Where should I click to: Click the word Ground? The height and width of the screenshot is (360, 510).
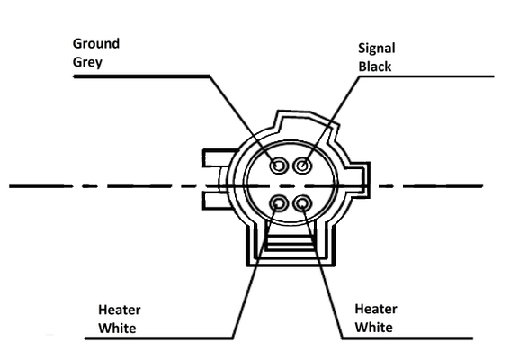pos(96,43)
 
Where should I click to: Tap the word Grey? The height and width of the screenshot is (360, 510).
pos(87,62)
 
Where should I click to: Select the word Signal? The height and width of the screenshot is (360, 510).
pos(377,49)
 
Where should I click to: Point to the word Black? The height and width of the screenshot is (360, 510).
pos(375,67)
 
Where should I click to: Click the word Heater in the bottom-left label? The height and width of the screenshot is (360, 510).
pos(120,310)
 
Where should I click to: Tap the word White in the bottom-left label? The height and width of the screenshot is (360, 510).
pos(117,328)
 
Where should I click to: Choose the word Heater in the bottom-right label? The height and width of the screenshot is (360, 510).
pos(376,310)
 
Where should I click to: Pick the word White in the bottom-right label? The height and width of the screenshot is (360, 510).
pos(373,328)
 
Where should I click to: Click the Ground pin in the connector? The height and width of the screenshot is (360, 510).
pos(279,166)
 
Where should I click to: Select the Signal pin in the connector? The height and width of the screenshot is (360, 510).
pos(303,166)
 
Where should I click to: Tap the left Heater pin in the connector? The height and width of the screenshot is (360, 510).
pos(279,204)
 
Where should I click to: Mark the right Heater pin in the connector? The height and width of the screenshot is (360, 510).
pos(302,204)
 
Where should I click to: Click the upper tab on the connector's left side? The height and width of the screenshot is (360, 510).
pos(218,158)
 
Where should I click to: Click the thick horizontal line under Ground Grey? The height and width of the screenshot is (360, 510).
pos(141,76)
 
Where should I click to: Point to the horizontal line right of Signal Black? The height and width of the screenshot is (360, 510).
pos(426,76)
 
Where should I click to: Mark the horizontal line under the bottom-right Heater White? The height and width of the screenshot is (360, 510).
pos(407,338)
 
